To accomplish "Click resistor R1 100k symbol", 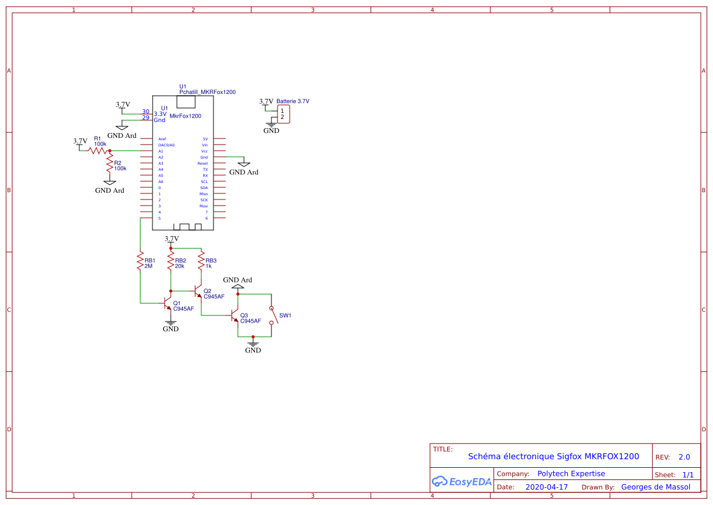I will pyautogui.click(x=98, y=150).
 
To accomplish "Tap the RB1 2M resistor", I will pyautogui.click(x=140, y=260).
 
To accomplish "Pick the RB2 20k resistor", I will pyautogui.click(x=171, y=260).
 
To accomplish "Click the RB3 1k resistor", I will pyautogui.click(x=201, y=260).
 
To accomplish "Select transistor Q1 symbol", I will pyautogui.click(x=168, y=303).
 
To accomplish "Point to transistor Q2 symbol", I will pyautogui.click(x=198, y=291).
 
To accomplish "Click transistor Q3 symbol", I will pyautogui.click(x=235, y=315).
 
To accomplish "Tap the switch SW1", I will pyautogui.click(x=273, y=315).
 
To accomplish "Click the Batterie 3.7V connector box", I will pyautogui.click(x=282, y=114).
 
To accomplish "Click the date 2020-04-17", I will pyautogui.click(x=546, y=487).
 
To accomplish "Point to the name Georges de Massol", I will pyautogui.click(x=655, y=487).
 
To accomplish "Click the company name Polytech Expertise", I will pyautogui.click(x=571, y=473).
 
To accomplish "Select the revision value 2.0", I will pyautogui.click(x=684, y=457).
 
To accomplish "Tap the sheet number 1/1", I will pyautogui.click(x=687, y=475).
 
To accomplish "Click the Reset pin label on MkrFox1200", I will pyautogui.click(x=202, y=163).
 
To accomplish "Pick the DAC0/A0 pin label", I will pyautogui.click(x=166, y=145).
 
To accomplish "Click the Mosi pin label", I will pyautogui.click(x=203, y=206).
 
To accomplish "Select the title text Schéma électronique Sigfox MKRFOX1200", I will pyautogui.click(x=553, y=456).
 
